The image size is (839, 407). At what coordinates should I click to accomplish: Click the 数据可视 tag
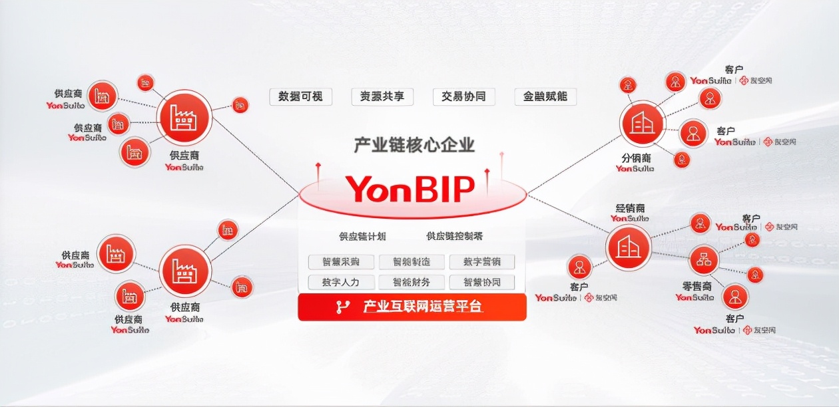pyautogui.click(x=300, y=96)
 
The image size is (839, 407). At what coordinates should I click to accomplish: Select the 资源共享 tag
pyautogui.click(x=382, y=96)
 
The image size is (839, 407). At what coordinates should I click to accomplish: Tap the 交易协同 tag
pyautogui.click(x=463, y=96)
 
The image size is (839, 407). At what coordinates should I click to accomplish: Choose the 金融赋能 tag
pyautogui.click(x=545, y=96)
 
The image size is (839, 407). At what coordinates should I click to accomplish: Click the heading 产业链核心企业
pyautogui.click(x=414, y=144)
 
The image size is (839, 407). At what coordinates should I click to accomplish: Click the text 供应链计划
pyautogui.click(x=362, y=236)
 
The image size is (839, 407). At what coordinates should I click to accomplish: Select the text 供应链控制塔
pyautogui.click(x=455, y=236)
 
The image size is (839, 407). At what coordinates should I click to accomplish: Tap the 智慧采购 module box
pyautogui.click(x=341, y=262)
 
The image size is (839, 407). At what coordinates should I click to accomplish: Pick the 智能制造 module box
pyautogui.click(x=412, y=262)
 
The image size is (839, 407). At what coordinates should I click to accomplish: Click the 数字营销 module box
pyautogui.click(x=482, y=262)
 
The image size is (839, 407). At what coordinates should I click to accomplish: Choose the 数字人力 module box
pyautogui.click(x=341, y=282)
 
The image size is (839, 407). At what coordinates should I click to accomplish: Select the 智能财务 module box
pyautogui.click(x=412, y=282)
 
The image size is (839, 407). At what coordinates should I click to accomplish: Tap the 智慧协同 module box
pyautogui.click(x=482, y=282)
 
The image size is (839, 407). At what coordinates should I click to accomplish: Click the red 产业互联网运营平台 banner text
pyautogui.click(x=422, y=307)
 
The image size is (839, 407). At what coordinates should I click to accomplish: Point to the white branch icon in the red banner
pyautogui.click(x=343, y=307)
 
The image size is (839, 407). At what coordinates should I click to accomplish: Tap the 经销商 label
pyautogui.click(x=629, y=209)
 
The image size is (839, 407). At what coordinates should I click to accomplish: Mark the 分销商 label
pyautogui.click(x=636, y=158)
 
